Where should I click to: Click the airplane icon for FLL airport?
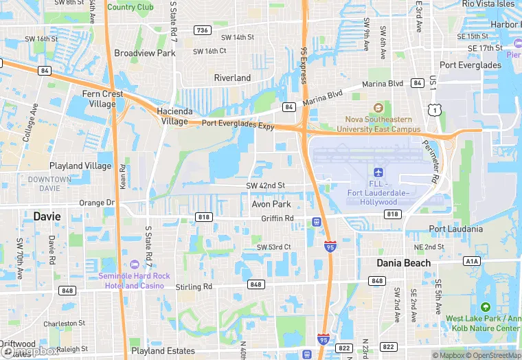pyautogui.click(x=378, y=171)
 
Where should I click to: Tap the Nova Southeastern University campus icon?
pyautogui.click(x=378, y=107)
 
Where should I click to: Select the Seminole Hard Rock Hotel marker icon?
pyautogui.click(x=133, y=265)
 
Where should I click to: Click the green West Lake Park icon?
pyautogui.click(x=486, y=307)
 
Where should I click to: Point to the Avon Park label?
pyautogui.click(x=271, y=204)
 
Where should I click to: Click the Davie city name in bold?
pyautogui.click(x=47, y=216)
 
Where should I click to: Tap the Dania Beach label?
pyautogui.click(x=404, y=263)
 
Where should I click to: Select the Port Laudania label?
pyautogui.click(x=455, y=229)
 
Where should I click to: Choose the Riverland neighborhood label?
pyautogui.click(x=232, y=78)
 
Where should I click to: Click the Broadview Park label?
pyautogui.click(x=145, y=53)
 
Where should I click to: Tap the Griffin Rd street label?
pyautogui.click(x=277, y=218)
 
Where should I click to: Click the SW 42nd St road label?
pyautogui.click(x=265, y=186)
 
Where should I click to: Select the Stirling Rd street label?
pyautogui.click(x=194, y=286)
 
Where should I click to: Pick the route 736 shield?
pyautogui.click(x=202, y=30)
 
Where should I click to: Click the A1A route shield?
pyautogui.click(x=471, y=261)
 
